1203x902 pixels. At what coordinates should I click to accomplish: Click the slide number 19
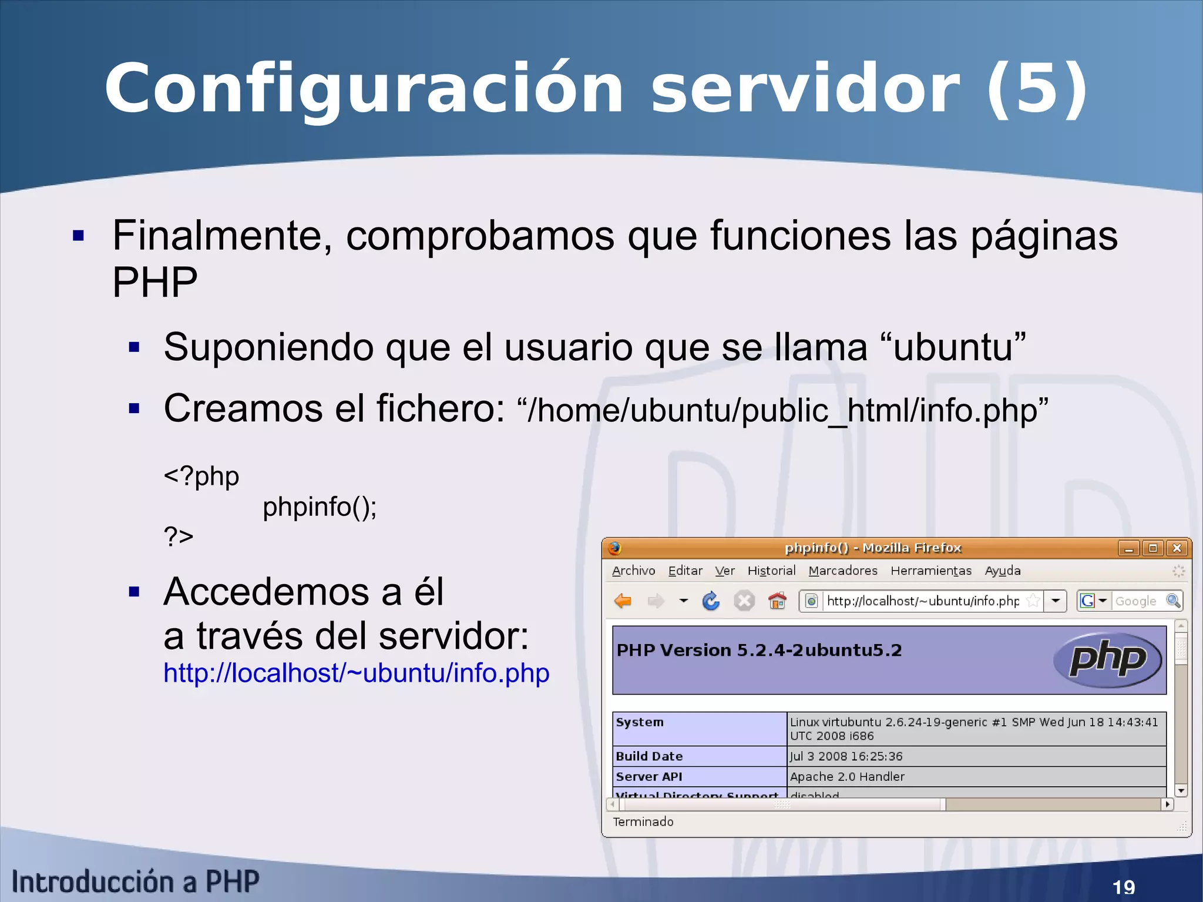coord(1124,887)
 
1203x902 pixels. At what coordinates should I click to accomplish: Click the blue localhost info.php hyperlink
coord(356,673)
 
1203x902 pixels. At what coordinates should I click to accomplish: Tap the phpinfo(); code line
coord(319,507)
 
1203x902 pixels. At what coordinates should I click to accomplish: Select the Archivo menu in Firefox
coord(633,571)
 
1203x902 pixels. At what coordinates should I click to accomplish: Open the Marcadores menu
coord(842,571)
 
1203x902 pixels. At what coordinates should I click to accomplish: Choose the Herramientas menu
coord(930,571)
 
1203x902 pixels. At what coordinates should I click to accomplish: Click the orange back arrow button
coord(623,601)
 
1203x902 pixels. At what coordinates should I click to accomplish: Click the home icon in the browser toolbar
coord(777,601)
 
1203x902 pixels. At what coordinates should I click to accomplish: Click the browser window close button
coord(1177,548)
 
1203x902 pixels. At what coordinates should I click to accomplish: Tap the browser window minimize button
coord(1128,548)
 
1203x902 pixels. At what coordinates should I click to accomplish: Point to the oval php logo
coord(1108,659)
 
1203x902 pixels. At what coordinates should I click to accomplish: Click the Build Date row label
coord(649,756)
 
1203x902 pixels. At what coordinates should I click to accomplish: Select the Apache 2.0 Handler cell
coord(847,777)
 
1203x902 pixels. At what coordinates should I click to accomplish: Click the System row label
coord(640,722)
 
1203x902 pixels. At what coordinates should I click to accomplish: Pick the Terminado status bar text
coord(643,821)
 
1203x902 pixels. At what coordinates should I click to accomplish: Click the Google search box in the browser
coord(1136,601)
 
